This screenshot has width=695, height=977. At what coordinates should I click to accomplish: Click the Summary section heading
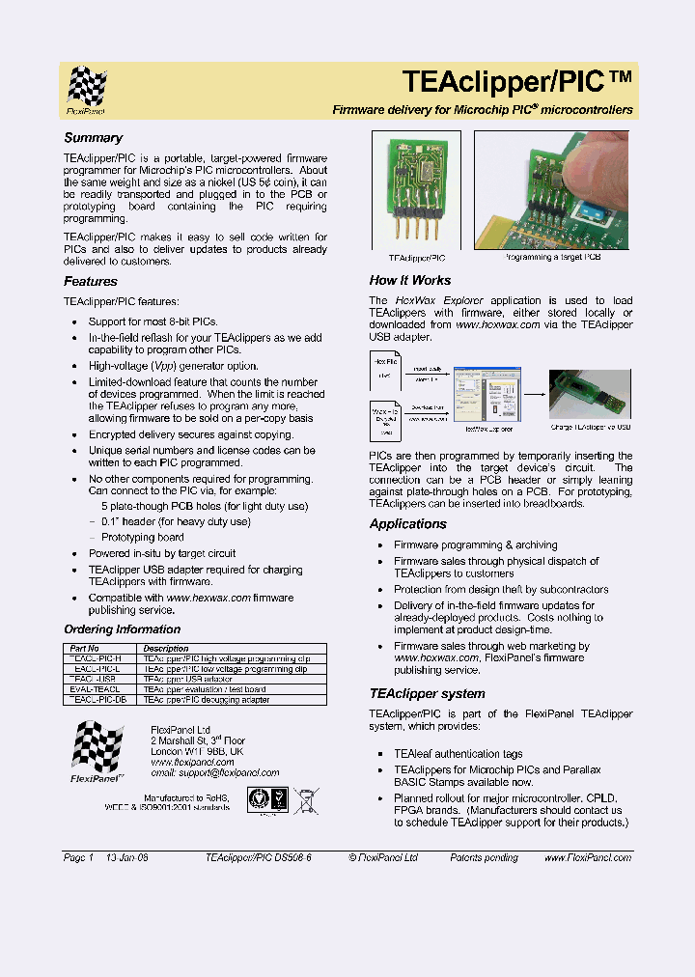[x=93, y=138]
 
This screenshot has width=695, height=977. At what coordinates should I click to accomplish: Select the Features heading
[x=91, y=282]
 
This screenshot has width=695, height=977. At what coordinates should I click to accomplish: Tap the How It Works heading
[x=409, y=280]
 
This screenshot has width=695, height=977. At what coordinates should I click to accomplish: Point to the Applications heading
[x=407, y=524]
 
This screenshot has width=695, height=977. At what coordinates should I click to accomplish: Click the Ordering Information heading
[x=122, y=629]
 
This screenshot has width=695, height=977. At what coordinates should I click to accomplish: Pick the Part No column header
[x=81, y=649]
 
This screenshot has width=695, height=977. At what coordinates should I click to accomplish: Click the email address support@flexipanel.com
[x=214, y=772]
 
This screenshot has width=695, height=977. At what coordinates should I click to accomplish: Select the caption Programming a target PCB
[x=553, y=258]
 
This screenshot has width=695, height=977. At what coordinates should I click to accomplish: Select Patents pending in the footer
[x=484, y=857]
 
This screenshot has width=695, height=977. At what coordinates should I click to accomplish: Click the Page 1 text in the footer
[x=78, y=857]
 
